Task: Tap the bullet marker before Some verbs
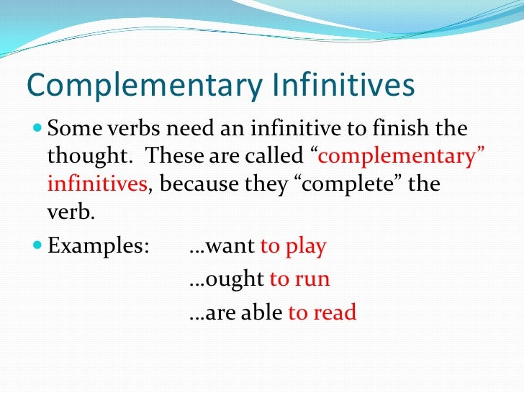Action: [38, 130]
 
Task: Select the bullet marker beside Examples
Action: [38, 247]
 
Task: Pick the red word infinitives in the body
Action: [97, 184]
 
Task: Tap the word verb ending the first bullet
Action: [69, 211]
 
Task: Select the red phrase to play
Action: [293, 247]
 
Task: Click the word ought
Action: [235, 279]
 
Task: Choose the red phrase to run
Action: [299, 279]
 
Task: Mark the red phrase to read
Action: [322, 313]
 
